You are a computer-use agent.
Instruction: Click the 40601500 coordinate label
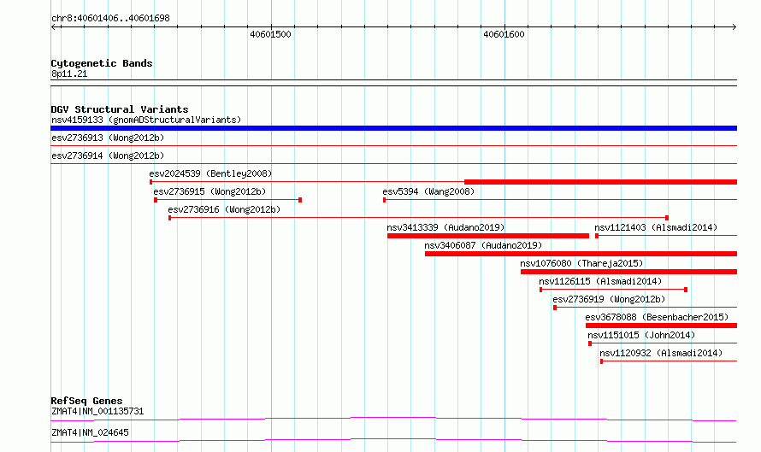(270, 34)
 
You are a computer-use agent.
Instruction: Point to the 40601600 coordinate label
(504, 34)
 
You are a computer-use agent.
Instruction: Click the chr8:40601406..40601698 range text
(110, 19)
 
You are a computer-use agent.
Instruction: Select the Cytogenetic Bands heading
(102, 63)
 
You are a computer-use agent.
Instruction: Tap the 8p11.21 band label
(69, 73)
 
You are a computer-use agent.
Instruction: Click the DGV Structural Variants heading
(120, 109)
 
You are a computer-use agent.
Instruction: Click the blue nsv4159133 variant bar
(393, 128)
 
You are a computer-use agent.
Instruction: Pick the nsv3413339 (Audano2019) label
(445, 227)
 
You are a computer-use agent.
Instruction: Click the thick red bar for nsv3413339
(487, 236)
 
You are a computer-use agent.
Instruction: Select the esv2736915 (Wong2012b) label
(209, 191)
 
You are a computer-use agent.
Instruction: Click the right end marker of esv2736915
(300, 200)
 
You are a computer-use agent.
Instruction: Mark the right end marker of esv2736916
(667, 218)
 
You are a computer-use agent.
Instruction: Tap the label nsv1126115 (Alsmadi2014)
(600, 281)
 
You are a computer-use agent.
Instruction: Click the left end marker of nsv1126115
(540, 290)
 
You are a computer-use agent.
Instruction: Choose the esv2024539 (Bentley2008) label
(210, 173)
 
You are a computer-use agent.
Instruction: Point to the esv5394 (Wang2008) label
(428, 191)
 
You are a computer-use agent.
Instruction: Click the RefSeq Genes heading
(86, 401)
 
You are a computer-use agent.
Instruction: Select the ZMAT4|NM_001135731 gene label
(97, 411)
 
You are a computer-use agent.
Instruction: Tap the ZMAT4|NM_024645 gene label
(91, 432)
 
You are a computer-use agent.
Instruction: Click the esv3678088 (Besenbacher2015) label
(657, 317)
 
